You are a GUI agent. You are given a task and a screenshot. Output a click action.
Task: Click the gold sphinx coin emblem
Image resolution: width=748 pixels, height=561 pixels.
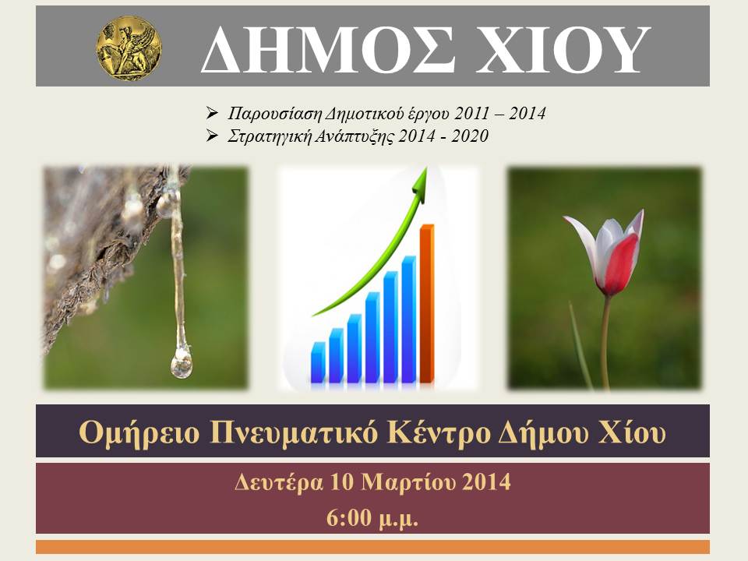coord(129,48)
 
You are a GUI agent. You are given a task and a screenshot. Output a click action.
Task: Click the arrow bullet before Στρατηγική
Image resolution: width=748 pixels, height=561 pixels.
coord(212,136)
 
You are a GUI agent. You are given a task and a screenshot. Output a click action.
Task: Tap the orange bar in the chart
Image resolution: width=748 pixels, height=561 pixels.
coord(427,303)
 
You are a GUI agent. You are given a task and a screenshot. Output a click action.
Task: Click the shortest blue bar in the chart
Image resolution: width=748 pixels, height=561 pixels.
coord(318,362)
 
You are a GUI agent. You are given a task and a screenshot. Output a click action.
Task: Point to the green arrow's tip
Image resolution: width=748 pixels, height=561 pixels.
coord(426,167)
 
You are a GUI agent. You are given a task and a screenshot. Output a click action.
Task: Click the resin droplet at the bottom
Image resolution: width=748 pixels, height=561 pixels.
coord(182,364)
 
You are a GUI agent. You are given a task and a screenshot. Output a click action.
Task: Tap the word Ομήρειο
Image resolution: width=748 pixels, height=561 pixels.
coord(139,432)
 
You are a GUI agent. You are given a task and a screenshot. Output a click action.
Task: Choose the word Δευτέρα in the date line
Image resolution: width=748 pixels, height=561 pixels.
coord(278,482)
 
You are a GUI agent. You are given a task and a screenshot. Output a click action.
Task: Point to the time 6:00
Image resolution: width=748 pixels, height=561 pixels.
coord(349,517)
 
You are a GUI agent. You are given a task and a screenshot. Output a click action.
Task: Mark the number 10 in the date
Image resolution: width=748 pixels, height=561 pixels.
coord(341,482)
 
